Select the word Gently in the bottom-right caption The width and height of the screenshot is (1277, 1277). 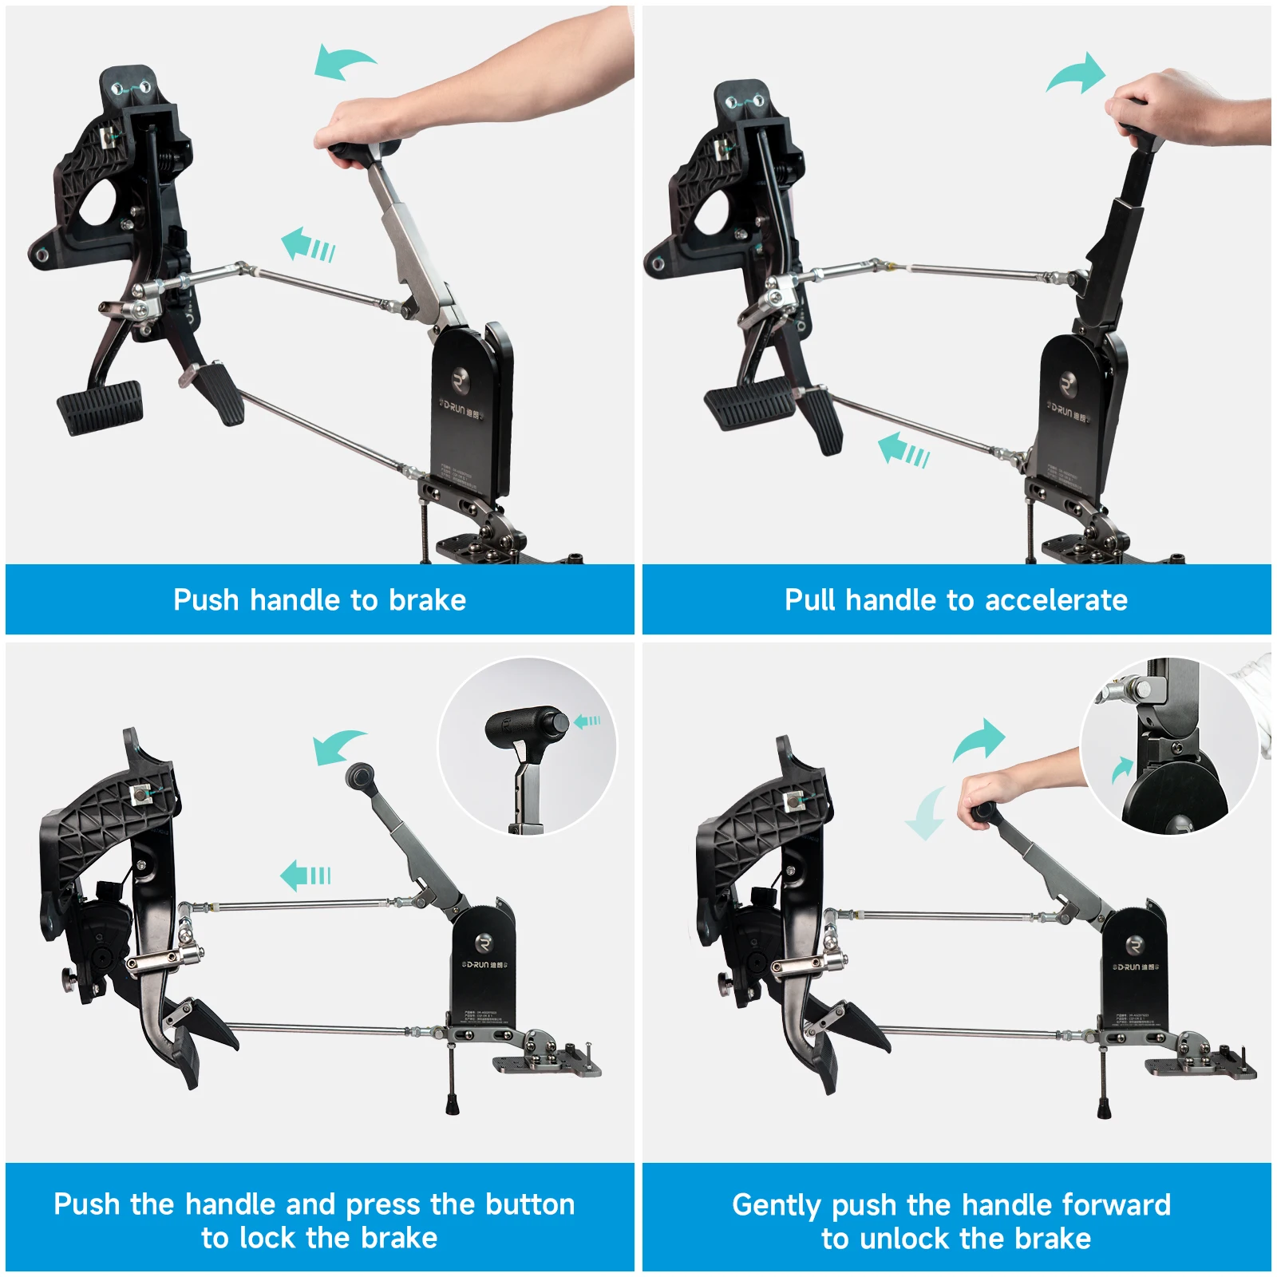click(x=776, y=1205)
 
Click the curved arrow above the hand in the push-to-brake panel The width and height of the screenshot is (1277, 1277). click(x=342, y=61)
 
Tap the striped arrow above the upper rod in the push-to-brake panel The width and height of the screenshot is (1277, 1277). click(x=307, y=244)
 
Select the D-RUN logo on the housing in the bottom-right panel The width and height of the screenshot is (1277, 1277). click(x=1134, y=966)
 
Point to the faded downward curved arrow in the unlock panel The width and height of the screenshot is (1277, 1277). click(x=927, y=814)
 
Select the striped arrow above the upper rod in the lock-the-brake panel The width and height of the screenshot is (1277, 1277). click(x=306, y=876)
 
